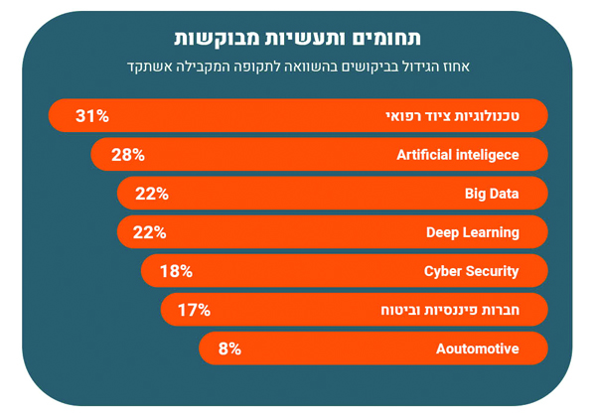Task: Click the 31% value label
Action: pyautogui.click(x=92, y=116)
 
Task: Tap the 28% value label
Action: pyautogui.click(x=128, y=155)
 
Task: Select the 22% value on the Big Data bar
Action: pyautogui.click(x=152, y=194)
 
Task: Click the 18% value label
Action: pyautogui.click(x=176, y=271)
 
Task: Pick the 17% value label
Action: pyautogui.click(x=194, y=310)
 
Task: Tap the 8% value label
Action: pyautogui.click(x=229, y=348)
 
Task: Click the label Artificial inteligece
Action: pyautogui.click(x=457, y=155)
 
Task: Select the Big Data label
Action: pyautogui.click(x=492, y=194)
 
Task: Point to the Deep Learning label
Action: pyautogui.click(x=472, y=232)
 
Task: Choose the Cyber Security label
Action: pyautogui.click(x=471, y=271)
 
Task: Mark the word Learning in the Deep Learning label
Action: pyautogui.click(x=491, y=232)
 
